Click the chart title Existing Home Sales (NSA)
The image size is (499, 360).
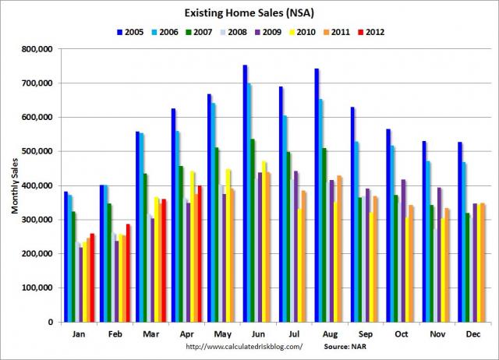coord(249,14)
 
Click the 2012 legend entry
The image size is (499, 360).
coord(376,32)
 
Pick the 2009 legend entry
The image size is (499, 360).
coord(274,32)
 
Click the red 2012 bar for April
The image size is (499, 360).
coord(200,253)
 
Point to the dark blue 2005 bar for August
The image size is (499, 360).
coord(317,195)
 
